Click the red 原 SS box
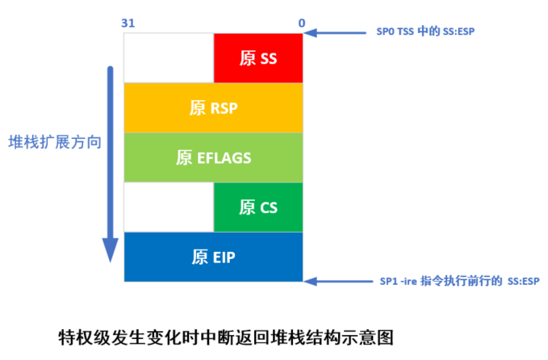tap(258, 58)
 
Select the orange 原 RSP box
tap(213, 107)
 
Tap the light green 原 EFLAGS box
tap(213, 157)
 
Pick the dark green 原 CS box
tap(258, 207)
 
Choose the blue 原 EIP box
tap(213, 257)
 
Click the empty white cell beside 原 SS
tap(169, 58)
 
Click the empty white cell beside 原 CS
tap(169, 207)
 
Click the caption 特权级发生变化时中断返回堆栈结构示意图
tap(229, 334)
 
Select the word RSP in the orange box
tap(223, 107)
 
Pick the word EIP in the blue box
tap(225, 257)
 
